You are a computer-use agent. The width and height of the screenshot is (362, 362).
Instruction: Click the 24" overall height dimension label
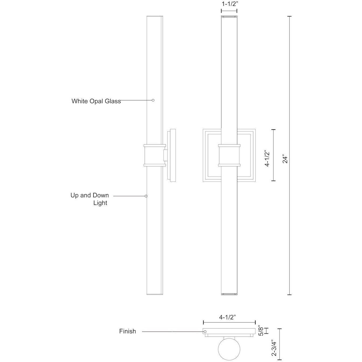285,159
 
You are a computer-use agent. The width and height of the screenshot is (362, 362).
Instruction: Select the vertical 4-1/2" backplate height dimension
268,158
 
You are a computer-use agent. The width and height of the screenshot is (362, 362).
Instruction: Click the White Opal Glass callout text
96,101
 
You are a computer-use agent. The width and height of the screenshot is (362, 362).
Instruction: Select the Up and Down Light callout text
90,199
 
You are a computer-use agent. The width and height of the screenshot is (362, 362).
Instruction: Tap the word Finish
128,332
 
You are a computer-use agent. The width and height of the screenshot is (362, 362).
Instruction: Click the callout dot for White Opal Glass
153,100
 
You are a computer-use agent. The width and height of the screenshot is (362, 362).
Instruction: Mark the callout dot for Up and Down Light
146,196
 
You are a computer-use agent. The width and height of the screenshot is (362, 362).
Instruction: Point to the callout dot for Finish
205,332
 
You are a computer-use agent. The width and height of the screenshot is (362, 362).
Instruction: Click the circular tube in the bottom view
229,349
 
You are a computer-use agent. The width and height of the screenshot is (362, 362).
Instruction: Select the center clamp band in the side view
154,155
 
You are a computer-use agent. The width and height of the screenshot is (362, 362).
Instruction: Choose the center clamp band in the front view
229,155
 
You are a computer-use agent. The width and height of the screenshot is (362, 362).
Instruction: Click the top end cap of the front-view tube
229,17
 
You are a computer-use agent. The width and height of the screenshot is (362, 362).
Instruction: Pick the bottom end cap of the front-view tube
229,294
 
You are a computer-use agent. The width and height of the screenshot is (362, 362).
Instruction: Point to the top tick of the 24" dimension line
290,17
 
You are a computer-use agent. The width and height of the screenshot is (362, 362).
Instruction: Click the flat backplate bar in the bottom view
229,331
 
